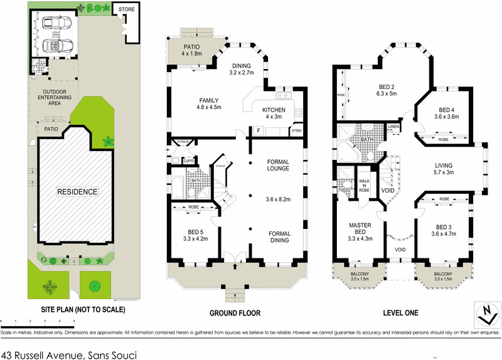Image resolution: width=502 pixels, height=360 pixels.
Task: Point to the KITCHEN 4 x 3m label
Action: [274, 114]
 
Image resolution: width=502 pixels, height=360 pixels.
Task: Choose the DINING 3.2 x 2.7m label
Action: [242, 69]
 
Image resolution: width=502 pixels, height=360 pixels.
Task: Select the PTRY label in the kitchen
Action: [296, 130]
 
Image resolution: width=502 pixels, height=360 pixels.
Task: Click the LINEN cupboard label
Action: [393, 127]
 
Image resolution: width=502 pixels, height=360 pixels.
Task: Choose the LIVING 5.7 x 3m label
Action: [448, 170]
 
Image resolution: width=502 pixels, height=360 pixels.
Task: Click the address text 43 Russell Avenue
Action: [68, 354]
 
